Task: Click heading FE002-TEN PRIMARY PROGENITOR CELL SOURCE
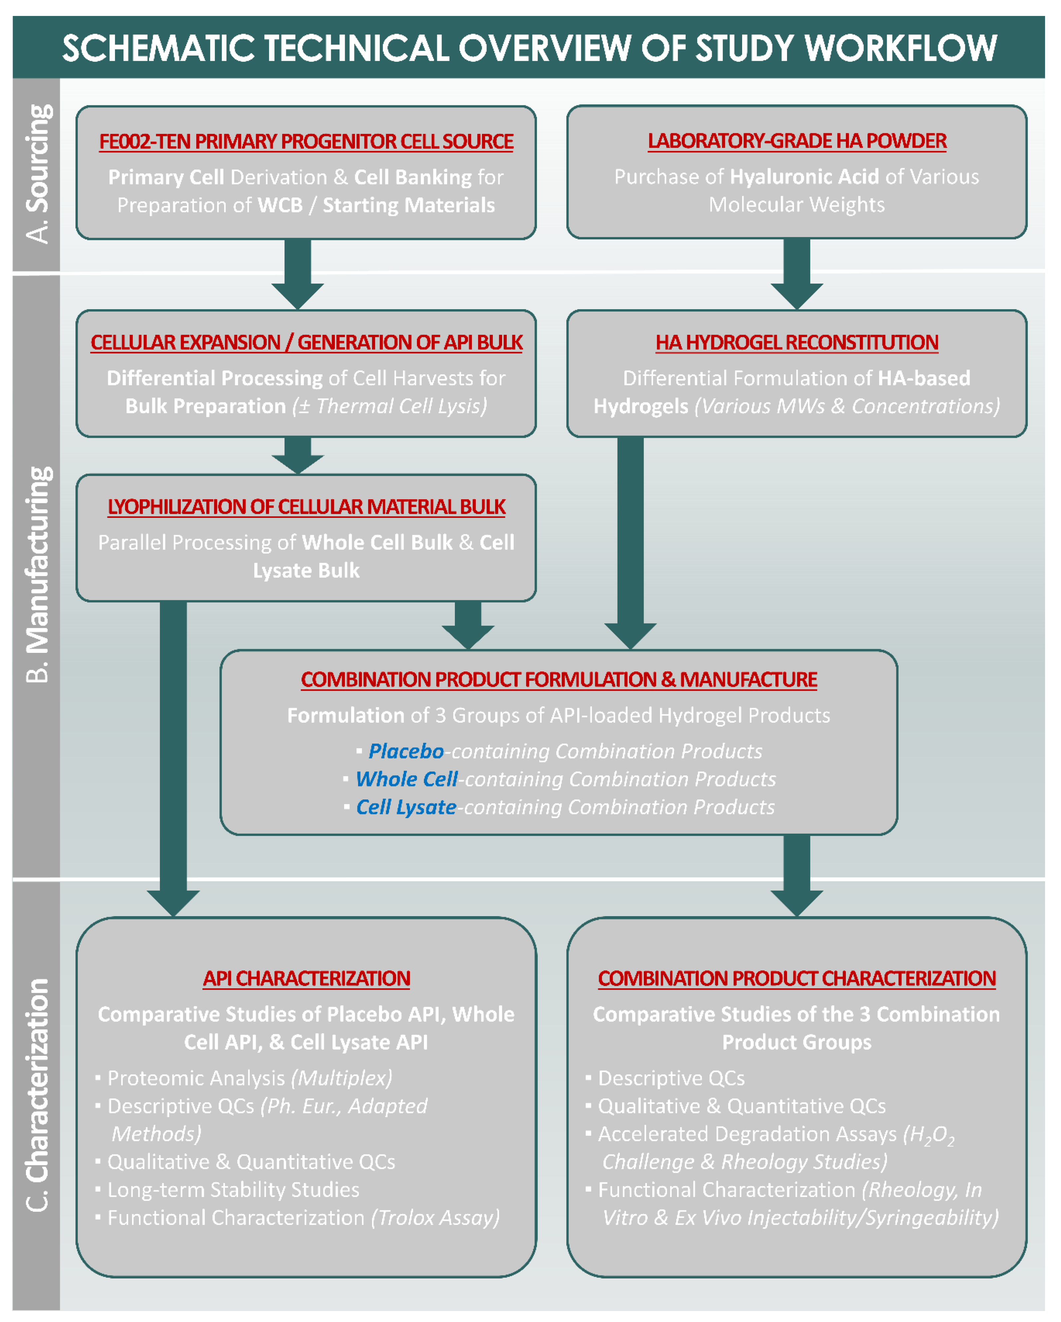pyautogui.click(x=306, y=142)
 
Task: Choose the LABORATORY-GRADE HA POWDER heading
pyautogui.click(x=797, y=141)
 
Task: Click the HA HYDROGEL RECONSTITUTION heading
pyautogui.click(x=797, y=342)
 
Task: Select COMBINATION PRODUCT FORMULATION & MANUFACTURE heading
pyautogui.click(x=559, y=679)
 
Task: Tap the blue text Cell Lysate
pyautogui.click(x=406, y=807)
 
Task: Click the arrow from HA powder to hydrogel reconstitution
pyautogui.click(x=797, y=273)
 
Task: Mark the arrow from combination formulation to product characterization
pyautogui.click(x=797, y=874)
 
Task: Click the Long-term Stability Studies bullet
pyautogui.click(x=233, y=1190)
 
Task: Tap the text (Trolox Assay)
pyautogui.click(x=436, y=1218)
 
